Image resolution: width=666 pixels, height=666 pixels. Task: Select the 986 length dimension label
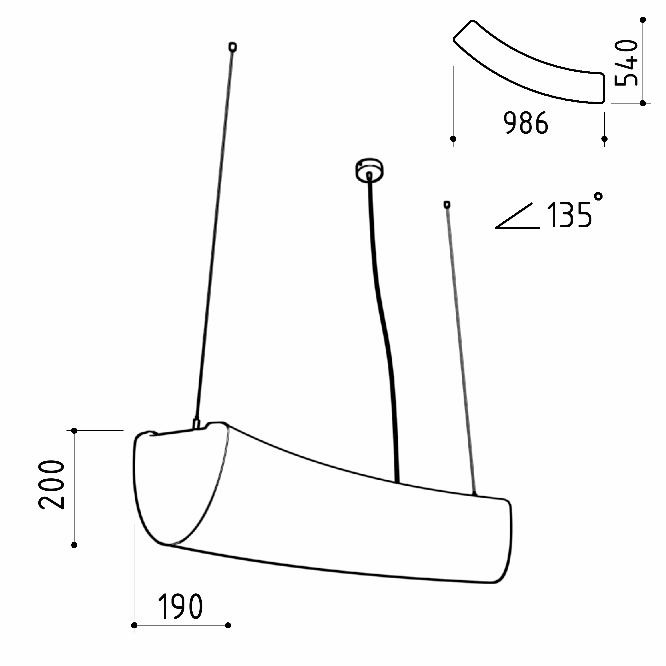click(x=526, y=123)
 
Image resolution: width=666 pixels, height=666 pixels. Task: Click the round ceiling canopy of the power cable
click(x=369, y=170)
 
